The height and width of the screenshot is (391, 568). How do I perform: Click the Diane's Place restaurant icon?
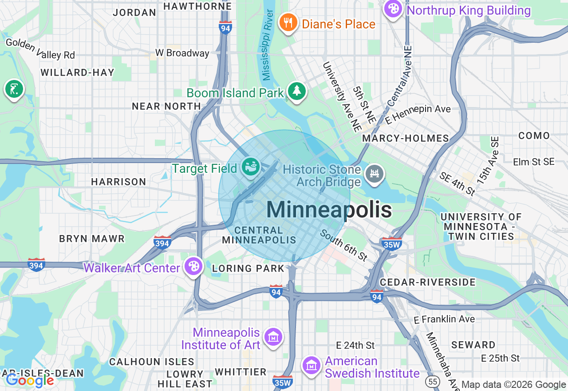tap(288, 23)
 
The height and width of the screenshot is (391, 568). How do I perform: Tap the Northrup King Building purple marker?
tap(393, 9)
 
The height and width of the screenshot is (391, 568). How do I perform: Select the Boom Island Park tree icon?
tap(297, 92)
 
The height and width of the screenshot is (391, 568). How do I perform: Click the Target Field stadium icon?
tap(251, 168)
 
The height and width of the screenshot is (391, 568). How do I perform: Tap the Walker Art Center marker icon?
tap(194, 267)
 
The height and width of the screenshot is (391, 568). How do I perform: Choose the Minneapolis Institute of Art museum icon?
tap(273, 338)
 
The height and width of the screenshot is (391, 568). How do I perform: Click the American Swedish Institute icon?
tap(312, 365)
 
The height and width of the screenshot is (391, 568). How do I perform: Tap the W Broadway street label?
tap(182, 53)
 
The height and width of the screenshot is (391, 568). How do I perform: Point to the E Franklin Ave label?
tap(444, 319)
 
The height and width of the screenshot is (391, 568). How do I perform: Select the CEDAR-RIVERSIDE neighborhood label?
tap(428, 282)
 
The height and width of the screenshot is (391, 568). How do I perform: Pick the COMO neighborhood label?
tap(534, 136)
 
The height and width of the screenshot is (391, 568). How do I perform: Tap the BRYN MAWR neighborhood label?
tap(92, 239)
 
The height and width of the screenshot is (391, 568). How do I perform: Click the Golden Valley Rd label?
tap(40, 49)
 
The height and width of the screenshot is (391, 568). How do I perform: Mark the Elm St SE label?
tap(533, 162)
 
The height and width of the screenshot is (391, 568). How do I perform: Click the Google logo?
tap(30, 380)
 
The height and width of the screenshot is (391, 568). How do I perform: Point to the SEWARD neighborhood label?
tap(473, 345)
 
